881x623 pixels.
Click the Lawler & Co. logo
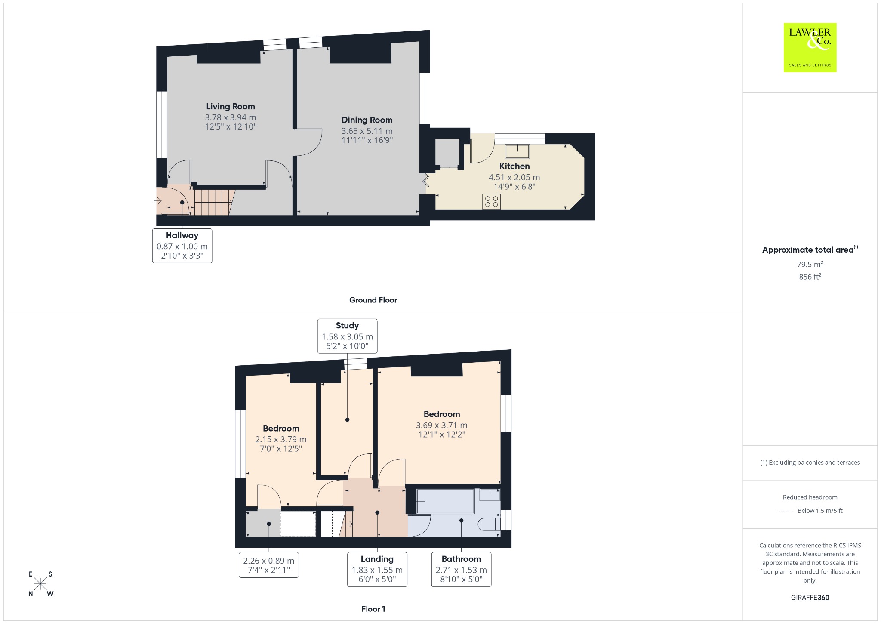810,47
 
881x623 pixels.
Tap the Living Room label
231,106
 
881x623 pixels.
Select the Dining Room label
367,120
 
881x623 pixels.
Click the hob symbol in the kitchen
491,201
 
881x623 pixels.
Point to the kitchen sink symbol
517,151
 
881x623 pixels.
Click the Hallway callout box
182,246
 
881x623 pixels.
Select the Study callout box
347,336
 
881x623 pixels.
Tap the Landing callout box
377,569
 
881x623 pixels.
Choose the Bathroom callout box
461,569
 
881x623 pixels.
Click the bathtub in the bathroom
446,501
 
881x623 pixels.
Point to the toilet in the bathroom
490,524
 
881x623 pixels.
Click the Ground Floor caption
373,300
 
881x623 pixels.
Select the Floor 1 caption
373,609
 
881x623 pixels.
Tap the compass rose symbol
40,584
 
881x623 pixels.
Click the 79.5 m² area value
810,264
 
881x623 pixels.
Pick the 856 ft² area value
810,277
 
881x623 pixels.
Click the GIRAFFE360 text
810,597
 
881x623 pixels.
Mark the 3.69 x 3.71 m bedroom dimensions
442,425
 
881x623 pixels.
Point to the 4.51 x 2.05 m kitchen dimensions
514,177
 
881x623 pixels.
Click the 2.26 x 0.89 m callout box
269,565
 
